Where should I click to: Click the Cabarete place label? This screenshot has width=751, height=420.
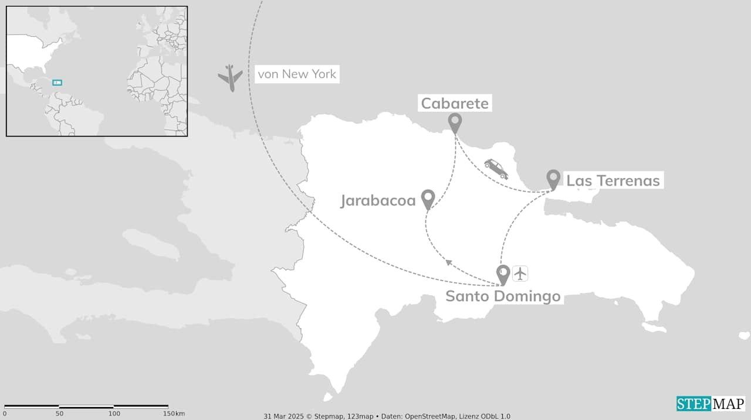[455, 104]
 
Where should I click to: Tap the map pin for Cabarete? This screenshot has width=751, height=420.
[455, 122]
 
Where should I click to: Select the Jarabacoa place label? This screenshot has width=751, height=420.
[378, 201]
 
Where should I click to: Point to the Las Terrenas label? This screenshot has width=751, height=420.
[613, 180]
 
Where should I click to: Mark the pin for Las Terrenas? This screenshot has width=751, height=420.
[553, 179]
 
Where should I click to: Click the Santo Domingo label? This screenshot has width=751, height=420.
[503, 296]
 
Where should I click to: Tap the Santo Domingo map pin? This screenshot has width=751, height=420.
[503, 274]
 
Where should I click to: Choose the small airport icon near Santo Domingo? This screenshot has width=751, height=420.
[520, 273]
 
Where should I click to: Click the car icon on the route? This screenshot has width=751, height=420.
[496, 169]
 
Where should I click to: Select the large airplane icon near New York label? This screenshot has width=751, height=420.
[231, 77]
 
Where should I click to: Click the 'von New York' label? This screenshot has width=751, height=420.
[297, 74]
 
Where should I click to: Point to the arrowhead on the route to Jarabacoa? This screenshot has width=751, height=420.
[449, 262]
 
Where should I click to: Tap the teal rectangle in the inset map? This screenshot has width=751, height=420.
[57, 83]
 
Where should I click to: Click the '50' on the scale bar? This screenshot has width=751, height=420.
[59, 414]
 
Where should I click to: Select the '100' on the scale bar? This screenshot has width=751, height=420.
[114, 414]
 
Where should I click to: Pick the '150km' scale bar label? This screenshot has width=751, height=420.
[173, 414]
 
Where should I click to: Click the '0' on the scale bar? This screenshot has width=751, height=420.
[5, 414]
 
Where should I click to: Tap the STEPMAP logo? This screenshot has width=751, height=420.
[710, 404]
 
